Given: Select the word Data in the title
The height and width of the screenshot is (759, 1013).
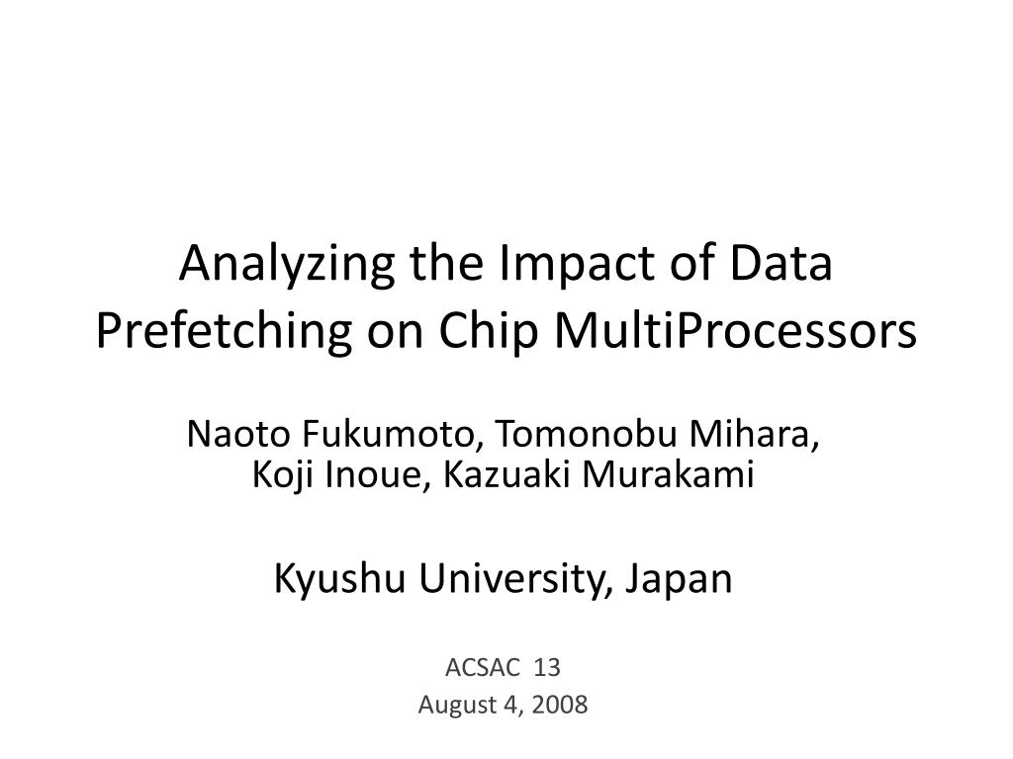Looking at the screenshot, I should pos(782,268).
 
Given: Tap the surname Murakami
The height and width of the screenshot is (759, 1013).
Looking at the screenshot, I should pos(666,475).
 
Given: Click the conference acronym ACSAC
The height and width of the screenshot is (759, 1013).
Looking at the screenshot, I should pos(484,668).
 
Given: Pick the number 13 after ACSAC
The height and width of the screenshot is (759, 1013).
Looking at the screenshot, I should pos(547,668).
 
